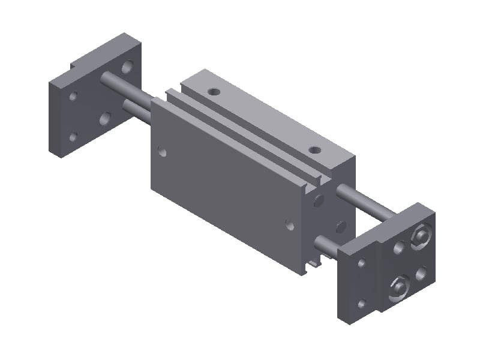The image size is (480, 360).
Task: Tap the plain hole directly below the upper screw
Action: click(x=422, y=273)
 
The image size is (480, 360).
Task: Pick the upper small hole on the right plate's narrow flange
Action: click(x=361, y=263)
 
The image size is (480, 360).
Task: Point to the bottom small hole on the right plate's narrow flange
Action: click(x=361, y=304)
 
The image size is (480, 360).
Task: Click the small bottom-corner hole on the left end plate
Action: click(x=73, y=137)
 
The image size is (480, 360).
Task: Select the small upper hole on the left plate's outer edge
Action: click(x=73, y=96)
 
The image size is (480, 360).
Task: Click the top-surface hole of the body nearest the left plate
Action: click(x=214, y=92)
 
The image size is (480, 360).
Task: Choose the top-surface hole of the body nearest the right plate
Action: click(x=313, y=149)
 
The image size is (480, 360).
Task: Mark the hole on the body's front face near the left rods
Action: click(x=162, y=151)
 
